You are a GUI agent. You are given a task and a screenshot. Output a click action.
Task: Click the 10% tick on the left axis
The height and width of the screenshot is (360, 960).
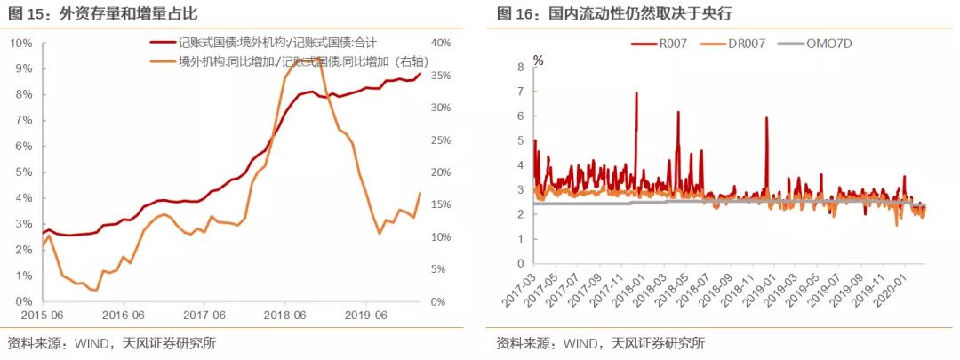click(x=20, y=43)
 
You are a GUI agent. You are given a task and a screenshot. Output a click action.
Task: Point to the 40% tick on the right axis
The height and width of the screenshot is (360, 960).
click(x=440, y=43)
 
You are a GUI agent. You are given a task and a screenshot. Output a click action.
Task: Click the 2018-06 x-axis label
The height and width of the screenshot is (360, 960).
click(x=287, y=314)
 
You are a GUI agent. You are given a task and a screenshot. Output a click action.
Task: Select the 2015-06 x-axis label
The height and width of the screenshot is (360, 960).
click(x=43, y=314)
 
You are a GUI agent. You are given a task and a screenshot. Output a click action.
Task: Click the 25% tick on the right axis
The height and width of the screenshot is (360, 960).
click(x=440, y=140)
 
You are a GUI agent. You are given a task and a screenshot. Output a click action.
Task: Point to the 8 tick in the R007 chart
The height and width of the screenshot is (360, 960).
click(x=522, y=67)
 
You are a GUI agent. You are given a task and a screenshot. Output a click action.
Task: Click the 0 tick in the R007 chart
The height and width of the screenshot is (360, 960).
click(x=522, y=263)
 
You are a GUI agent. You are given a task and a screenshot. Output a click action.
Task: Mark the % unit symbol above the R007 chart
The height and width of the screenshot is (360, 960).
click(x=538, y=60)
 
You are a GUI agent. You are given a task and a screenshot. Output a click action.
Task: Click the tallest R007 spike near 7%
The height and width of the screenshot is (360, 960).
click(x=636, y=92)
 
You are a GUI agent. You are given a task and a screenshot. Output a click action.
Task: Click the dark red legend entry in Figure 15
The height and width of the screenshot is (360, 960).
click(x=259, y=43)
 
